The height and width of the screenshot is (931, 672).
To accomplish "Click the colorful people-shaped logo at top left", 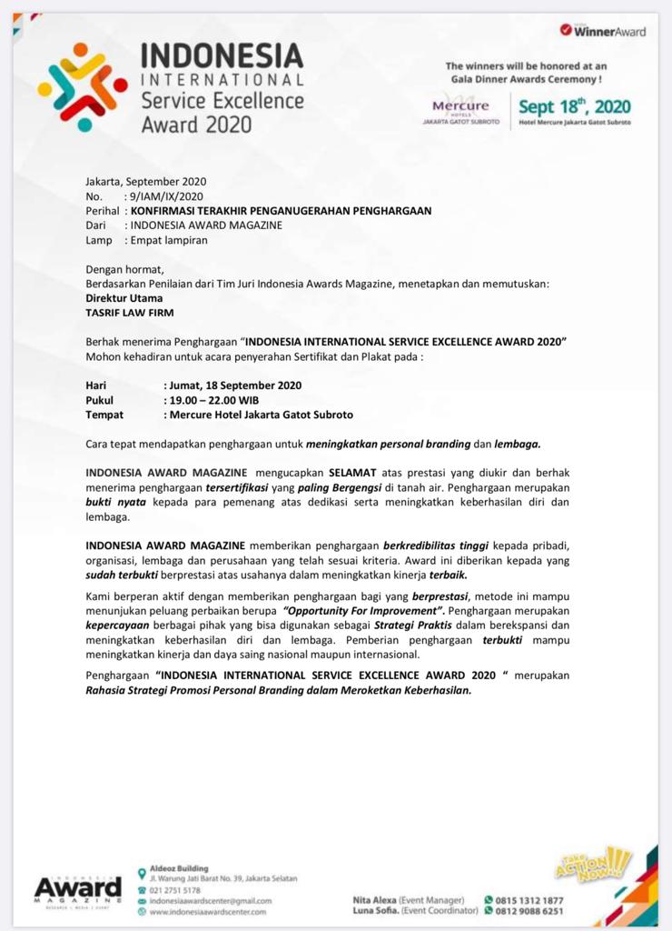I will click(x=83, y=86).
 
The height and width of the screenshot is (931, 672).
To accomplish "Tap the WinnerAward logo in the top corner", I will click(x=603, y=31).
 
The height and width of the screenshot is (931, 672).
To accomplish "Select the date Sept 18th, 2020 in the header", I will click(x=574, y=106).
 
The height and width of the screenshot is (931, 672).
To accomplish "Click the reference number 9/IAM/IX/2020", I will click(x=167, y=195).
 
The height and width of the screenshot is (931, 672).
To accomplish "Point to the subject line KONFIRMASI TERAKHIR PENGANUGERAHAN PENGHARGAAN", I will click(x=281, y=210).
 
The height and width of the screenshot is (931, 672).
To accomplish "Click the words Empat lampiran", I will click(x=169, y=240).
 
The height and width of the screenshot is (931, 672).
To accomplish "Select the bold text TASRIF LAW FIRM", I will click(x=129, y=312).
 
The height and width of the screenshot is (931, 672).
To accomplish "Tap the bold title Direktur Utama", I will click(x=124, y=297).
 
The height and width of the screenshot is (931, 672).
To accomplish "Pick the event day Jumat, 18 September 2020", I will click(x=234, y=385).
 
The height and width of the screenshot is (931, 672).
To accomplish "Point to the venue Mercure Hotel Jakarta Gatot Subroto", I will click(x=261, y=414).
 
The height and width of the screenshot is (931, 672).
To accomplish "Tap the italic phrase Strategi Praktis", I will click(x=406, y=626).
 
